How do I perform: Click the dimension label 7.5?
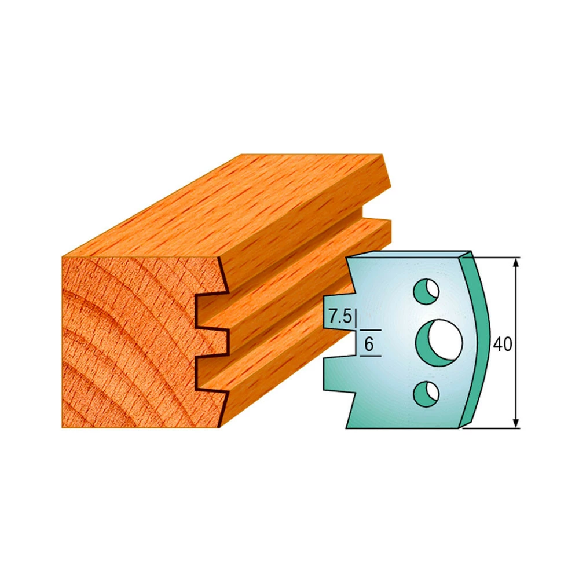coord(340,317)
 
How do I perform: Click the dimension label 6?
coord(369,344)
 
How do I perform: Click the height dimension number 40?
coord(502,344)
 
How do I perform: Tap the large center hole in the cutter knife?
coord(439,343)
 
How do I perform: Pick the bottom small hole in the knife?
coord(426,394)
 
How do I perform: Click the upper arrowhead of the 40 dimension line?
coord(516,262)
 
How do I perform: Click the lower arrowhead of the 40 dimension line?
coord(516,423)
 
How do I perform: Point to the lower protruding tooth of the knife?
coord(336,373)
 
